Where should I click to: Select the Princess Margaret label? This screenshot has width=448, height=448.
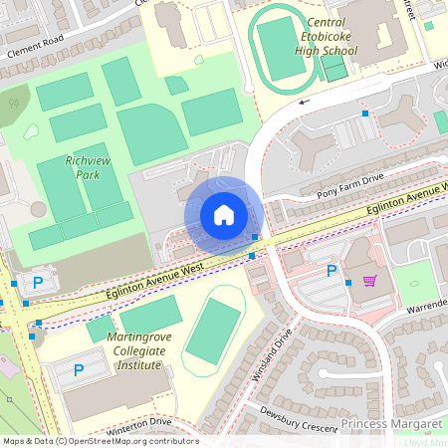(x=390, y=424)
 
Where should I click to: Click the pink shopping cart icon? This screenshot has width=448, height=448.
(x=370, y=281)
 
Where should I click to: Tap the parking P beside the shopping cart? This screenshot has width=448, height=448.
(x=332, y=271)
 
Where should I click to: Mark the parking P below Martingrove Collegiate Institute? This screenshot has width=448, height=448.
(x=79, y=370)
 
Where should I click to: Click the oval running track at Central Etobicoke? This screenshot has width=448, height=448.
(x=283, y=44)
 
